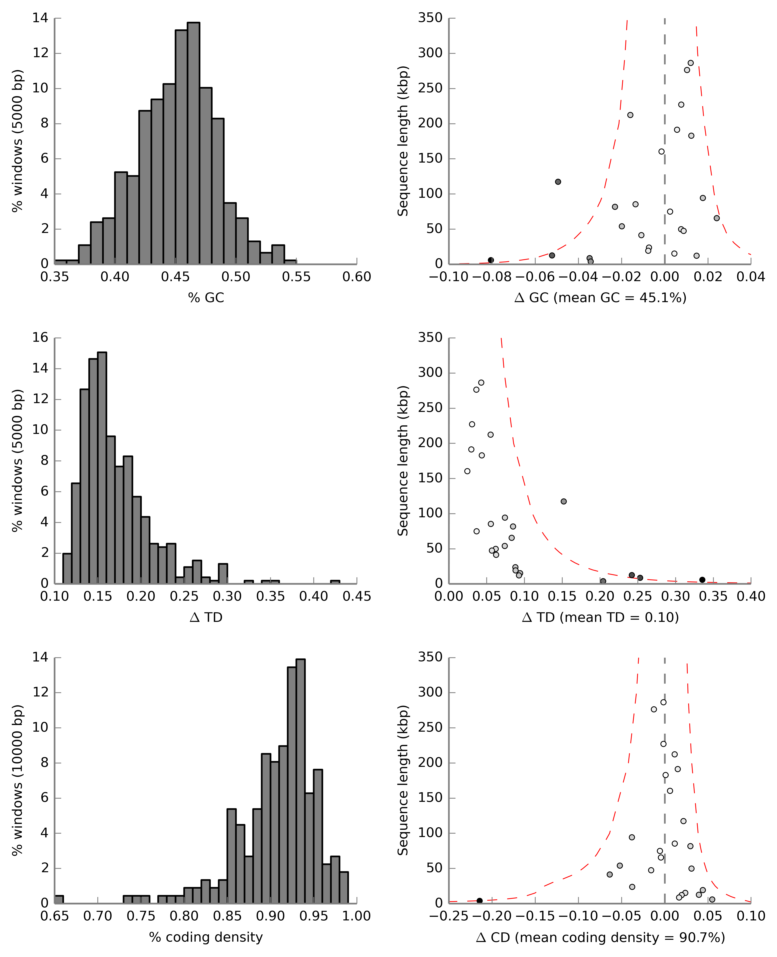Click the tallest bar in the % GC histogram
coord(193,143)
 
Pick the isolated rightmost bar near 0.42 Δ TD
coord(335,582)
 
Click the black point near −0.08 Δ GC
coord(491,260)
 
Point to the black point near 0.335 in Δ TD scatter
coord(702,580)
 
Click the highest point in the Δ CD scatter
coord(663,702)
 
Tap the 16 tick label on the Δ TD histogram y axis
coord(40,338)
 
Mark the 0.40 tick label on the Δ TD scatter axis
coord(751,596)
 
